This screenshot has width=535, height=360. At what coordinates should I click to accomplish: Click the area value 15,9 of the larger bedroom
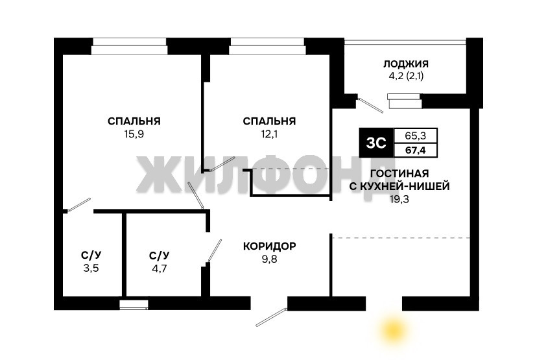point(134,134)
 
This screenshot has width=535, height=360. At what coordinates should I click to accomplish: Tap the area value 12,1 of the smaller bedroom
point(270,134)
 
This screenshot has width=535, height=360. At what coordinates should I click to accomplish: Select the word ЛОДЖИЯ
point(406,64)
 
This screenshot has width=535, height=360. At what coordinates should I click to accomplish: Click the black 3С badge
point(376,143)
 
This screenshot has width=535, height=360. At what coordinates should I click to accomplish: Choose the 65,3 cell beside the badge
point(416,136)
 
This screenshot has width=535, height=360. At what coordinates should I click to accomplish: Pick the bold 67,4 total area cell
point(416,150)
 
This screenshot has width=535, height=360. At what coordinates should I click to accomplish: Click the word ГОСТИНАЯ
point(399,173)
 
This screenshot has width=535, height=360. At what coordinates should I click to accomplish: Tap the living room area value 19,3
point(399,199)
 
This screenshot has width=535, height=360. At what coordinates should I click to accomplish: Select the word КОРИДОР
point(270,246)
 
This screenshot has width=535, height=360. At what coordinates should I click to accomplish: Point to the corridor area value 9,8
point(270,259)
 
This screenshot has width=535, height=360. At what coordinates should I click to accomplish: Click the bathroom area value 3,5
point(91,268)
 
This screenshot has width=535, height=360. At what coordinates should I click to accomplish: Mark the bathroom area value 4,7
point(160,269)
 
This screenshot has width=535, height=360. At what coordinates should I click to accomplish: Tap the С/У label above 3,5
point(91,255)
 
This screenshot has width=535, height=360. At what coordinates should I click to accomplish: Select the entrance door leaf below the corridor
point(271,317)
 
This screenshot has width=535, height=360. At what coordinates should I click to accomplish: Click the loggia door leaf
point(370,105)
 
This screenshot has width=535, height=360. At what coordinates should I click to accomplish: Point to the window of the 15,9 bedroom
point(129,46)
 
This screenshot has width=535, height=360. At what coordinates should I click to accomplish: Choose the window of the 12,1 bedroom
point(267,46)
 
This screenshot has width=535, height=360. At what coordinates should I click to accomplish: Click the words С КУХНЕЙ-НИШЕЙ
point(399,186)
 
